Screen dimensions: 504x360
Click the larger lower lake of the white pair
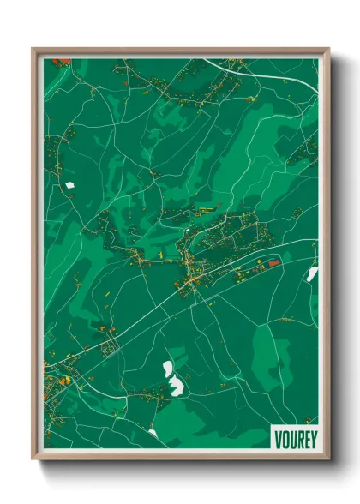tap(177, 386)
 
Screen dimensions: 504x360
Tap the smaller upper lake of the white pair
tap(169, 369)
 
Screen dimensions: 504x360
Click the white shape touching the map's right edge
tap(312, 274)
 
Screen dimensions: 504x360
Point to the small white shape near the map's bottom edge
tap(153, 433)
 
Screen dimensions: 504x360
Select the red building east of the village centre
tap(274, 262)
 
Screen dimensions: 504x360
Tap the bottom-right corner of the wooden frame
tap(327, 458)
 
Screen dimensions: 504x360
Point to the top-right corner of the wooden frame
tap(327, 50)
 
